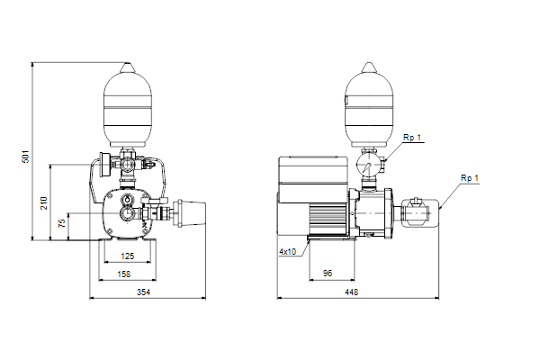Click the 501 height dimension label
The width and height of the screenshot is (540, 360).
tap(26, 157)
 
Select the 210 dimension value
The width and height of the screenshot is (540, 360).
tap(44, 203)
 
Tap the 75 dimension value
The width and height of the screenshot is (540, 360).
tap(62, 223)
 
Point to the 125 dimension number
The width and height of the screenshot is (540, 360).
tap(128, 256)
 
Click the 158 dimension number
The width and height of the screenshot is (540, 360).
tap(124, 274)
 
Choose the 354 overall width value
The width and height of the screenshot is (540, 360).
tap(144, 292)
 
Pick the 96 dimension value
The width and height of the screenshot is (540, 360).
tap(328, 274)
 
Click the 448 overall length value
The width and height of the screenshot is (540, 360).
tap(352, 292)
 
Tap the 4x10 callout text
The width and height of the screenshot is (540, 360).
tap(288, 252)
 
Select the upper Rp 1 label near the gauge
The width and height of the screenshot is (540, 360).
tap(412, 138)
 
